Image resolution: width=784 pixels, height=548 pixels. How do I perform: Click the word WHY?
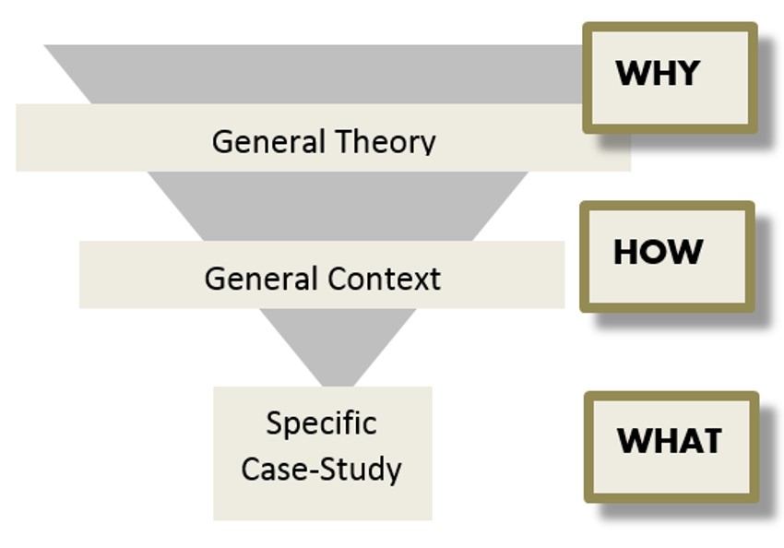(657, 73)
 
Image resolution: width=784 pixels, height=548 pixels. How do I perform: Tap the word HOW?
(658, 252)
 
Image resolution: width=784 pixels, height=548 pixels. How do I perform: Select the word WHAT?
(669, 441)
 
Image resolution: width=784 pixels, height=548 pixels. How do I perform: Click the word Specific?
(321, 423)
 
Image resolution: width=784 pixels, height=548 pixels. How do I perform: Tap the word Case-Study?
(321, 469)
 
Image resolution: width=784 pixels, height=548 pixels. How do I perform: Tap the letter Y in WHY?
(687, 73)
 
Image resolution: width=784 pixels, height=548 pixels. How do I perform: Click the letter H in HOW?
(626, 252)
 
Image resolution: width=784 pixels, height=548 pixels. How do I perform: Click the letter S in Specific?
(274, 423)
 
